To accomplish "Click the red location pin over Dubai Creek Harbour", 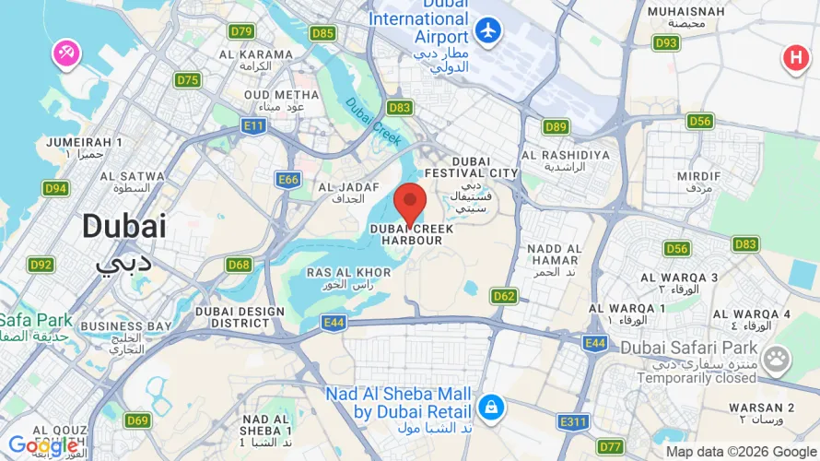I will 410,202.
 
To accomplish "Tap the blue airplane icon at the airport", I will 488,30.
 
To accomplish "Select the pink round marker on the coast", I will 66,53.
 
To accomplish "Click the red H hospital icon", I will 794,59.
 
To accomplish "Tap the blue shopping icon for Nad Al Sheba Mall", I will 490,406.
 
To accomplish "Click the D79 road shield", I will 242,31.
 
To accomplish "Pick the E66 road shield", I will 287,179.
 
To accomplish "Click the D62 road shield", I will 503,296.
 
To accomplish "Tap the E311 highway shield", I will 573,421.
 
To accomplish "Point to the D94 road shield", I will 56,188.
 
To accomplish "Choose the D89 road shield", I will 556,127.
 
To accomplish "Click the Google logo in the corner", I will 43,446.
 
